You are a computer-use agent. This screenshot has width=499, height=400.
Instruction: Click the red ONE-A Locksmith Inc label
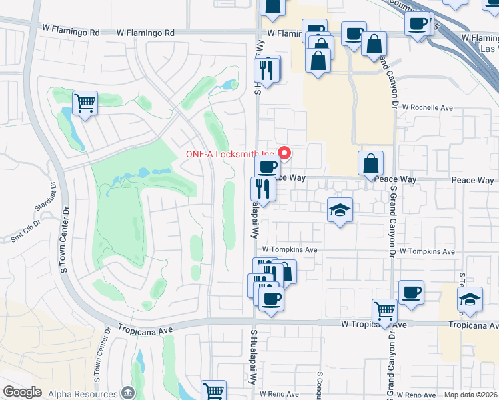pos(231,154)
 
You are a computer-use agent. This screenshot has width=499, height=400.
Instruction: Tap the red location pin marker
pos(285,154)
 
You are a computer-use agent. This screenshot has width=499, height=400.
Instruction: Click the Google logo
pos(23,392)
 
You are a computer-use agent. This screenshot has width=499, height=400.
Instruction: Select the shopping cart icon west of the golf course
pos(85,103)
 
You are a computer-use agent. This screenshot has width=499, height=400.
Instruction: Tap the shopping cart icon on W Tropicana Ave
pos(384,311)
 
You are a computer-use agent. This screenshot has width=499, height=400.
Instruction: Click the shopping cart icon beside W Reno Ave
pos(213,391)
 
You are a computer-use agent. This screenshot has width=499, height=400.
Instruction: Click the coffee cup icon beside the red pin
pos(267,166)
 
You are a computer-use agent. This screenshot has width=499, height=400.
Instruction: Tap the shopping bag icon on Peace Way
pos(370,163)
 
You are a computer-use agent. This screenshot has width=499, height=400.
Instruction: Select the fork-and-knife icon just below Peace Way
pos(262,189)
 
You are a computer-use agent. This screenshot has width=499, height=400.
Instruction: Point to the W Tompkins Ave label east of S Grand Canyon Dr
pos(428,252)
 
